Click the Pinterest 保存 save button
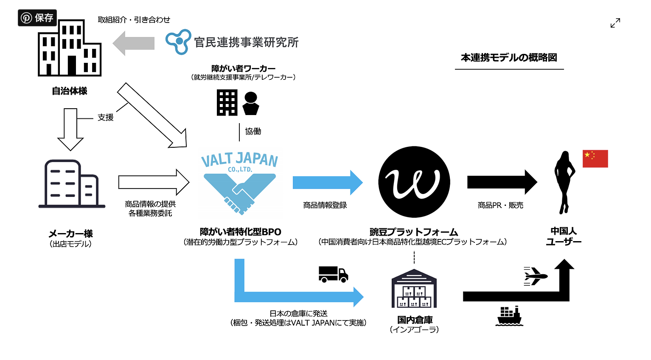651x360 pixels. (37, 18)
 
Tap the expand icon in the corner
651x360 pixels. (615, 23)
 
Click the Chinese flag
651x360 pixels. (595, 159)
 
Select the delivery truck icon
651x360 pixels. (333, 274)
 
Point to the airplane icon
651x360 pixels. (535, 276)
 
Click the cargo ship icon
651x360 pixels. (509, 316)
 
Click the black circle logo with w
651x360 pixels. (414, 182)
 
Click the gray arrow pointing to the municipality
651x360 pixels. (133, 43)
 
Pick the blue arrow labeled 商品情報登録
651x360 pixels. (327, 183)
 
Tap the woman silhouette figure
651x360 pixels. (564, 183)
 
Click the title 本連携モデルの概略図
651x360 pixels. (509, 58)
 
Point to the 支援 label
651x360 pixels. (106, 118)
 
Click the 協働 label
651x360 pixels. (253, 132)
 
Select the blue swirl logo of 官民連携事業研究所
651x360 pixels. (178, 42)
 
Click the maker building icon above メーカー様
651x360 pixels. (71, 184)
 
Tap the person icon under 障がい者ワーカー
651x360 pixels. (251, 104)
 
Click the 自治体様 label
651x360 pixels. (70, 91)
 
